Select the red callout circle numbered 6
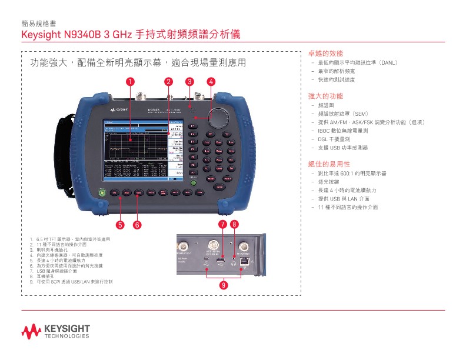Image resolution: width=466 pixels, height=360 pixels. click(x=137, y=224)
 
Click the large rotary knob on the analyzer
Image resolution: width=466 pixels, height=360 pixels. click(x=218, y=119)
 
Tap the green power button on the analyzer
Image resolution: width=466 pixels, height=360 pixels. click(x=102, y=191)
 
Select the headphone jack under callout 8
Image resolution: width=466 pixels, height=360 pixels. click(x=235, y=261)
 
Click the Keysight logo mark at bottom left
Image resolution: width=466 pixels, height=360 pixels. click(x=30, y=331)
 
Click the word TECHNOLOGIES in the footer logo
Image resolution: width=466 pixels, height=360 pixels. click(x=66, y=336)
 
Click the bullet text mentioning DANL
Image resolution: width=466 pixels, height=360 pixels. click(x=358, y=62)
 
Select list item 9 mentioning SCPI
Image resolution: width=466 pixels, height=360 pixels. click(x=74, y=282)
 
